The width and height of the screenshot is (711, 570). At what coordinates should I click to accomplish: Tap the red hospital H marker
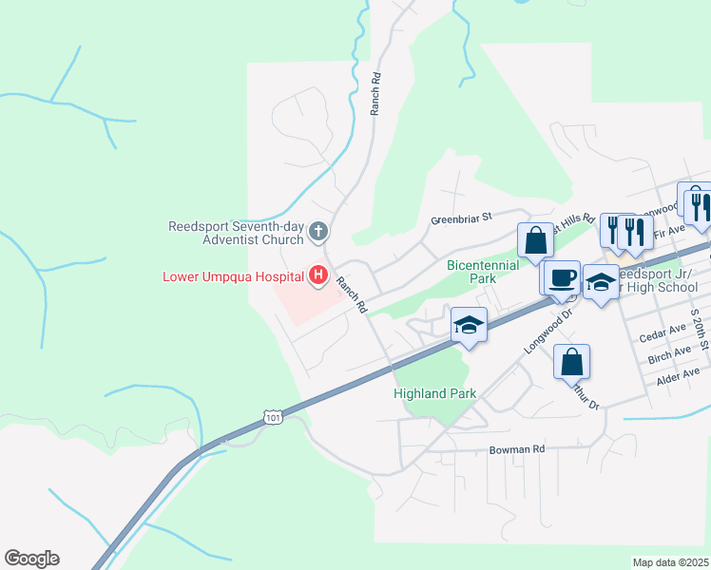pos(319,276)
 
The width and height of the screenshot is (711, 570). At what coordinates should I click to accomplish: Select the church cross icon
pos(319,231)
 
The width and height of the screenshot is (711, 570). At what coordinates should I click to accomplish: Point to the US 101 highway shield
pos(273,417)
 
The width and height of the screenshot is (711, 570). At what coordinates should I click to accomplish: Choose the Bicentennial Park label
pos(484,272)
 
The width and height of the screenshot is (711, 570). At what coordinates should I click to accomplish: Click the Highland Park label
pos(434,392)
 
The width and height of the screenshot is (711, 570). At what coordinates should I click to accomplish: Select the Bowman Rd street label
pos(517,448)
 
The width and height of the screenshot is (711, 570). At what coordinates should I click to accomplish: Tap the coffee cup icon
pos(563,276)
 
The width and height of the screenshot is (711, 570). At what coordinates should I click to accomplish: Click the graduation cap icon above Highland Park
pos(470,325)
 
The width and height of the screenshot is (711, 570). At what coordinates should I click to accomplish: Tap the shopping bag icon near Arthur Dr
pos(571,361)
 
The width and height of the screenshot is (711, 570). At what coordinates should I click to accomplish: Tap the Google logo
pos(31,558)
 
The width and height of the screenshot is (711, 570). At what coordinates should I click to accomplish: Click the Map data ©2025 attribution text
pos(670,562)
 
